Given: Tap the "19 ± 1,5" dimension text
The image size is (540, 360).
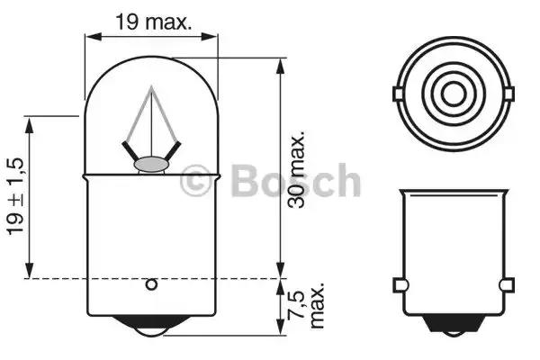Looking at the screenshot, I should (15, 195).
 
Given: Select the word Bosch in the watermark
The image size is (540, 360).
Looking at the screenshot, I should (294, 182).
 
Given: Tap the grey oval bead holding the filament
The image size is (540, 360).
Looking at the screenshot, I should (151, 165).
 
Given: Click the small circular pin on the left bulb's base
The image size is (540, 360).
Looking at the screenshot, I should (151, 285).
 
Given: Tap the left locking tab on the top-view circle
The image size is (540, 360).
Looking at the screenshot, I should (396, 94).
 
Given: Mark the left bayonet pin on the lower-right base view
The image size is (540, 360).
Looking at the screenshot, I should (397, 287).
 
